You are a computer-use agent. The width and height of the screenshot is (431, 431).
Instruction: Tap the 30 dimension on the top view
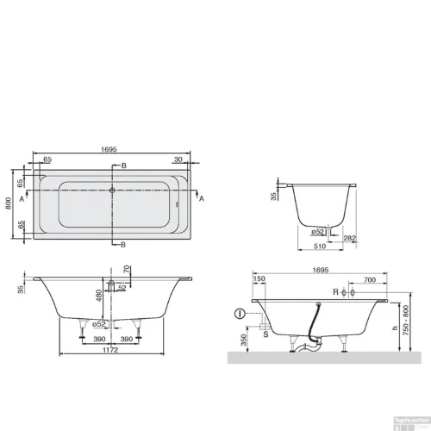point(178,159)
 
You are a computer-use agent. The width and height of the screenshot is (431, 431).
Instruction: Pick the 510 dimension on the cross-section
point(321,246)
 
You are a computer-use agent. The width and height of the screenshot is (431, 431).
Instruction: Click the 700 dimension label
point(368,280)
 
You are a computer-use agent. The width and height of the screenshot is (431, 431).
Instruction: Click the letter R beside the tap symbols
point(335,294)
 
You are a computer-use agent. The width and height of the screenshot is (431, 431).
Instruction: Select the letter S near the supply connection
point(265,328)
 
